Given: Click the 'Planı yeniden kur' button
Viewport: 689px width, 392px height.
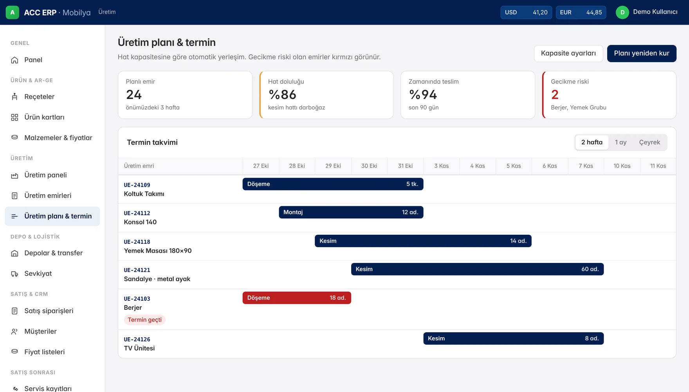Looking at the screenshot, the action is pyautogui.click(x=642, y=53).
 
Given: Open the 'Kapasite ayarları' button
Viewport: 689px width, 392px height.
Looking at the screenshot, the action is pyautogui.click(x=568, y=53).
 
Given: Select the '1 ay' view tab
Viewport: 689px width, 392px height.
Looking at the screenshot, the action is pyautogui.click(x=620, y=142).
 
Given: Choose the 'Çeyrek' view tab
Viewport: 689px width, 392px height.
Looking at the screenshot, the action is pyautogui.click(x=649, y=142).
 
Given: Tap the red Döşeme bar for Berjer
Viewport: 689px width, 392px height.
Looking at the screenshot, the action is pyautogui.click(x=297, y=298).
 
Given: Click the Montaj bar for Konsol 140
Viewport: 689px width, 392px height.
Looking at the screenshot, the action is pyautogui.click(x=351, y=212).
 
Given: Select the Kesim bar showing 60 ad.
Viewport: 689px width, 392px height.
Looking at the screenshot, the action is pyautogui.click(x=477, y=269).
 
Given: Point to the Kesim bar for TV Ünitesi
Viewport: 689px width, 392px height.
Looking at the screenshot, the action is pyautogui.click(x=513, y=338).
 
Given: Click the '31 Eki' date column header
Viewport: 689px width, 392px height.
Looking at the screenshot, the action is pyautogui.click(x=405, y=166).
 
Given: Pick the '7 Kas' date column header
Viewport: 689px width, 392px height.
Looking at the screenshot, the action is pyautogui.click(x=586, y=166).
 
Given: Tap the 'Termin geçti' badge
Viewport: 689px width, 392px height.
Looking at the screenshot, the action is pyautogui.click(x=145, y=320).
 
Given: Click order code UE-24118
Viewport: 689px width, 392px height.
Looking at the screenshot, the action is pyautogui.click(x=137, y=242).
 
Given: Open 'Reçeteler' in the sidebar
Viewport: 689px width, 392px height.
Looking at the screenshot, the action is pyautogui.click(x=39, y=97).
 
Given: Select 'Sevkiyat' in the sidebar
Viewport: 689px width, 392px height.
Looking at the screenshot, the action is pyautogui.click(x=38, y=273).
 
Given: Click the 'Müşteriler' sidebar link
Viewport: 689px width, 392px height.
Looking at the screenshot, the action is pyautogui.click(x=40, y=331).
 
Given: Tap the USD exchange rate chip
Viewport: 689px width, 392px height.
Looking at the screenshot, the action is pyautogui.click(x=526, y=13).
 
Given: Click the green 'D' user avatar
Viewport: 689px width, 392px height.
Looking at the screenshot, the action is pyautogui.click(x=622, y=13).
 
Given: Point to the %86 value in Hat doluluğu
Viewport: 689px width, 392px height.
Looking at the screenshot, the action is pyautogui.click(x=282, y=95).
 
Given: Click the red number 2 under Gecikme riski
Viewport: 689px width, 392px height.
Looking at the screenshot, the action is pyautogui.click(x=555, y=95).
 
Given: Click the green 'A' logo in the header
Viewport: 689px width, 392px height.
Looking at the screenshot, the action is pyautogui.click(x=13, y=13).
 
